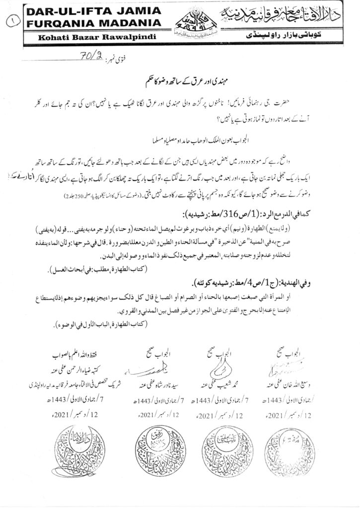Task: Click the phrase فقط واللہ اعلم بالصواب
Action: (x=75, y=356)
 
